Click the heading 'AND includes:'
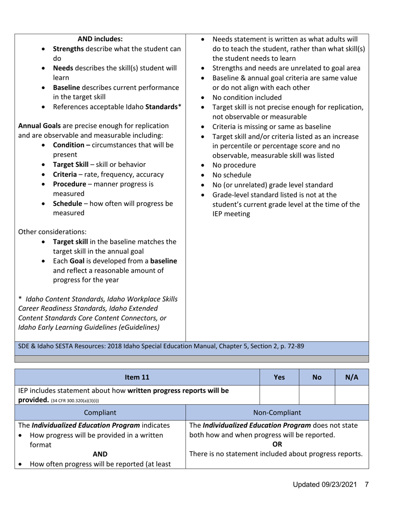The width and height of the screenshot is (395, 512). tap(100, 39)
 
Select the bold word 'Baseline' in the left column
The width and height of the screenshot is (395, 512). tap(67, 88)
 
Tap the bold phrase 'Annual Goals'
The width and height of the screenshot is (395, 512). tap(39, 126)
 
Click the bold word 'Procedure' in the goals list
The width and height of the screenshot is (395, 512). tap(69, 184)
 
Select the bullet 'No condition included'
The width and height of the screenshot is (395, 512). tap(247, 98)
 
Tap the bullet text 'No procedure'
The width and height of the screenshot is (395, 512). tap(234, 165)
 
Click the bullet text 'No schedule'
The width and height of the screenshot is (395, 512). tap(232, 175)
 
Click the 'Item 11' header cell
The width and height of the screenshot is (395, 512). tap(137, 378)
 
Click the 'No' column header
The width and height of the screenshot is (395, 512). tap(317, 378)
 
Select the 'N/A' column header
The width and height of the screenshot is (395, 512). tap(352, 378)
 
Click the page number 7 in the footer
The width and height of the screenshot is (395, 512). tap(367, 485)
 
